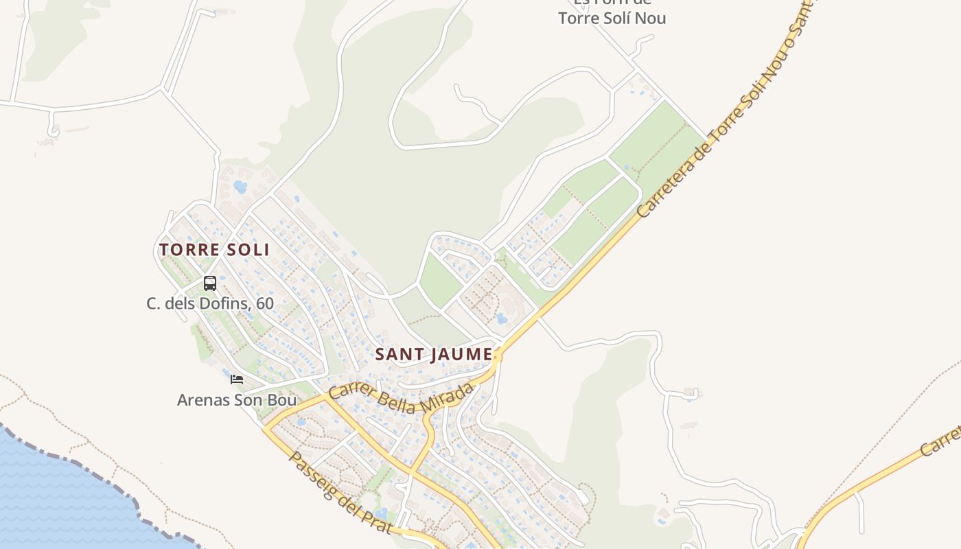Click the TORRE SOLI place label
[214, 249]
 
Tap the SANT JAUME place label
[434, 354]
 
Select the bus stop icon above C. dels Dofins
[210, 283]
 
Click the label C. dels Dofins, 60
[210, 303]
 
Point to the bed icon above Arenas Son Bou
[237, 379]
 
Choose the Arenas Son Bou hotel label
[237, 399]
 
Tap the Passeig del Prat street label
[340, 492]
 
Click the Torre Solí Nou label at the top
[612, 18]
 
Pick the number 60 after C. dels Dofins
[264, 303]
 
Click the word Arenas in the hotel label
[200, 399]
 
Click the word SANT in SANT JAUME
[399, 354]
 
